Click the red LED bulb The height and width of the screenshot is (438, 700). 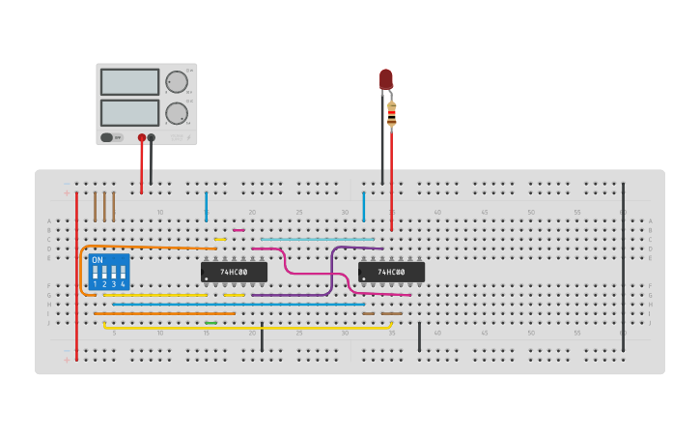pos(386,78)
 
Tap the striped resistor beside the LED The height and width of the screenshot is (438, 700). pos(391,113)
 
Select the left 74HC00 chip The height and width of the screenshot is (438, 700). pos(234,273)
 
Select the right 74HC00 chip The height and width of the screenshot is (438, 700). pos(391,273)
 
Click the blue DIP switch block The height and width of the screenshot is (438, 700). pos(108,272)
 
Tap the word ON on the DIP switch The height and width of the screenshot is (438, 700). pos(98,260)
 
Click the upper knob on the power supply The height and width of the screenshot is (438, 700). pos(176,81)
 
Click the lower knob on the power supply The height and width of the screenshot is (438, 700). pos(176,112)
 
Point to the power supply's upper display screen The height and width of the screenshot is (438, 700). pos(129,81)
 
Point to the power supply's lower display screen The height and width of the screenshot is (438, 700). pos(129,112)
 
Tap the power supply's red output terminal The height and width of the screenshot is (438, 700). pos(142,137)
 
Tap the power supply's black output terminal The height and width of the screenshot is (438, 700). pos(152,137)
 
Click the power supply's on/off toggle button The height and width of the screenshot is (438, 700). pos(107,137)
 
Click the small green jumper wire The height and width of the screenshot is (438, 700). pos(210,323)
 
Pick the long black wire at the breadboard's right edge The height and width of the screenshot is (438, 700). pos(623,261)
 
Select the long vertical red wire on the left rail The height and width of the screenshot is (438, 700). pos(77,276)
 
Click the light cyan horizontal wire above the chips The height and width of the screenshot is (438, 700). pos(317,240)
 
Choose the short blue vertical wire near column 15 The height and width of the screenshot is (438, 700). pos(206,206)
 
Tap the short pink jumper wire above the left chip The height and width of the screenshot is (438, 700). pos(238,230)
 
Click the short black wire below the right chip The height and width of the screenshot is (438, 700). pos(419,336)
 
